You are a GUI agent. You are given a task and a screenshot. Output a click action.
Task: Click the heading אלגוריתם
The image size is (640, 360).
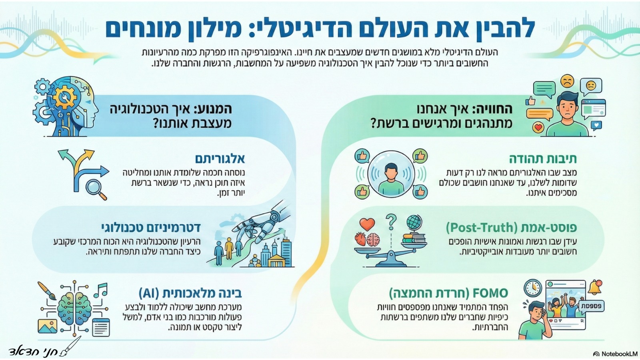coord(220,159)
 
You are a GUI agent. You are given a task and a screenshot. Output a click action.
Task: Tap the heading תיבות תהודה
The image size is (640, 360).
coord(542,159)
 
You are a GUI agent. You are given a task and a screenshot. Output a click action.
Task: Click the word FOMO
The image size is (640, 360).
coord(490,293)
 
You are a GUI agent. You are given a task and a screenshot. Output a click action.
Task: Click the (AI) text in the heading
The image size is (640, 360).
coord(153,293)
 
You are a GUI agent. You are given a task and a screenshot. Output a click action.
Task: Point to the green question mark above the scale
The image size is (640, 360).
coord(391,221)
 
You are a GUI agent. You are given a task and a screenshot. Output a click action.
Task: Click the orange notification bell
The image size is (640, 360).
coord(595,286)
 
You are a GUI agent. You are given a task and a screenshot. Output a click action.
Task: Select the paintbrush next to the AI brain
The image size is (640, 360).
coord(47,291)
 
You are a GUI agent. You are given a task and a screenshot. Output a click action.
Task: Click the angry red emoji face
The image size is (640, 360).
coord(567,81)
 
